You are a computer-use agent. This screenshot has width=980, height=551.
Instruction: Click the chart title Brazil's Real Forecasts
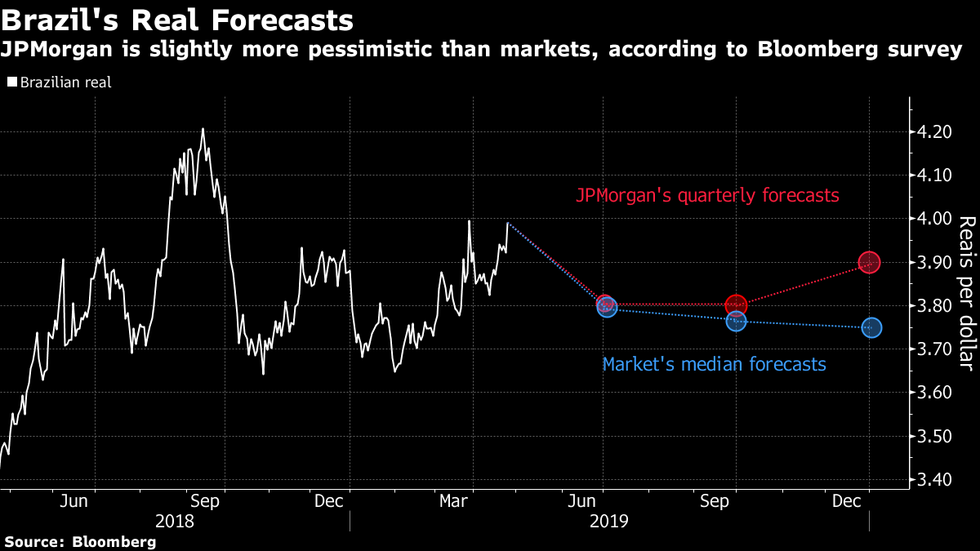click(177, 20)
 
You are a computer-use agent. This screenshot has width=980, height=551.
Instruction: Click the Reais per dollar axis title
click(966, 304)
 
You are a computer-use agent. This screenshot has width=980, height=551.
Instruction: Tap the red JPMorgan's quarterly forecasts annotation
click(707, 196)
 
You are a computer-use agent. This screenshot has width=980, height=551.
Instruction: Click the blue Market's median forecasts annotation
click(714, 364)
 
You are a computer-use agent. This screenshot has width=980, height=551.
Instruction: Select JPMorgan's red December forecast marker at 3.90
click(869, 262)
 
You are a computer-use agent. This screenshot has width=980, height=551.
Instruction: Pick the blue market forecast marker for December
click(871, 327)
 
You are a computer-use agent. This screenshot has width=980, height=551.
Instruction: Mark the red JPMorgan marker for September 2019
click(736, 305)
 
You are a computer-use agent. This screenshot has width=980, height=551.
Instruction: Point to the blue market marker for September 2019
click(737, 322)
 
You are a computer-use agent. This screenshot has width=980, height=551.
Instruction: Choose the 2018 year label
click(174, 520)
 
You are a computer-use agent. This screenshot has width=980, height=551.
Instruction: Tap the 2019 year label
click(609, 520)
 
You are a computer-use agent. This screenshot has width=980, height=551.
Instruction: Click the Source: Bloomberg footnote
click(80, 541)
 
